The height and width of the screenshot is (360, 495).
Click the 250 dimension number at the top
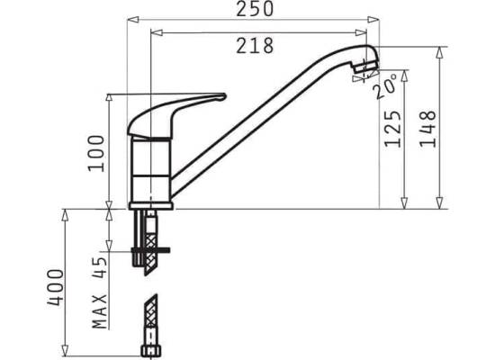click(x=255, y=9)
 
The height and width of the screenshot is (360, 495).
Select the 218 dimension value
click(x=255, y=46)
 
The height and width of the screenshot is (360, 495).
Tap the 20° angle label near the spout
click(x=386, y=85)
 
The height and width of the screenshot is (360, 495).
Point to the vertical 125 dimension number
click(x=392, y=129)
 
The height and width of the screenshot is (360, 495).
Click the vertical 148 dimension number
click(x=427, y=129)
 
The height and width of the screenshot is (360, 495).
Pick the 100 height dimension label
click(x=95, y=154)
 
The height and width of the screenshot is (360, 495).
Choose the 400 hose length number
click(x=55, y=287)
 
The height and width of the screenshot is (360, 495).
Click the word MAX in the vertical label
click(x=100, y=311)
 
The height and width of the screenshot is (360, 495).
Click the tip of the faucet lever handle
click(x=225, y=96)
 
